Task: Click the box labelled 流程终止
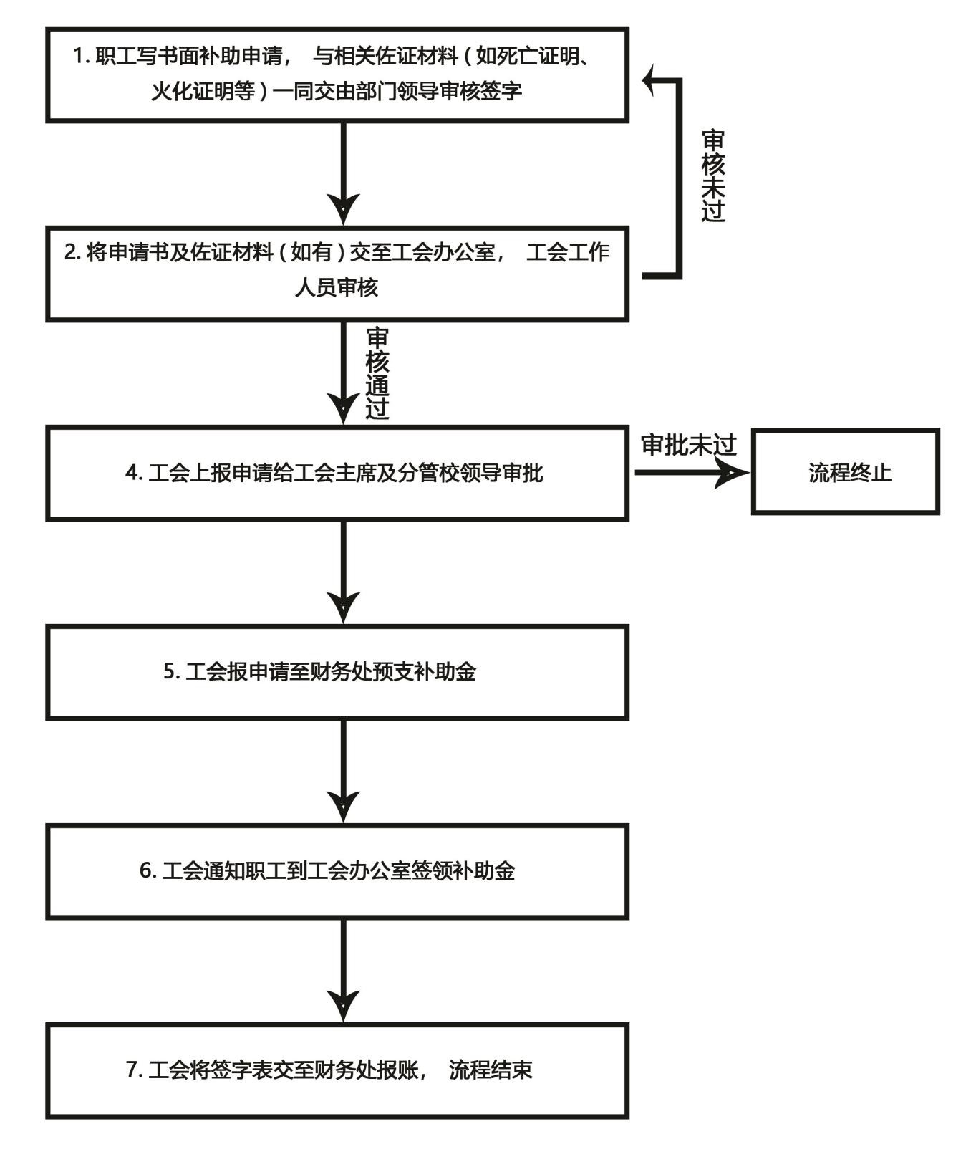[x=845, y=472]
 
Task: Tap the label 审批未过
[x=688, y=445]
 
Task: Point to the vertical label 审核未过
[x=712, y=176]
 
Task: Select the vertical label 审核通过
[x=377, y=373]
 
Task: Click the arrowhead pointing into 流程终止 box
[x=733, y=473]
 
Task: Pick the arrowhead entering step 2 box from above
[x=344, y=208]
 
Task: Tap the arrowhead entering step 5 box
[x=344, y=606]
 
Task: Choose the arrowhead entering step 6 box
[x=344, y=805]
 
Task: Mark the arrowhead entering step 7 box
[x=344, y=1004]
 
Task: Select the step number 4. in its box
[x=134, y=473]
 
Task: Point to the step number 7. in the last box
[x=135, y=1070]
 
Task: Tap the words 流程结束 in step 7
[x=491, y=1070]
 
